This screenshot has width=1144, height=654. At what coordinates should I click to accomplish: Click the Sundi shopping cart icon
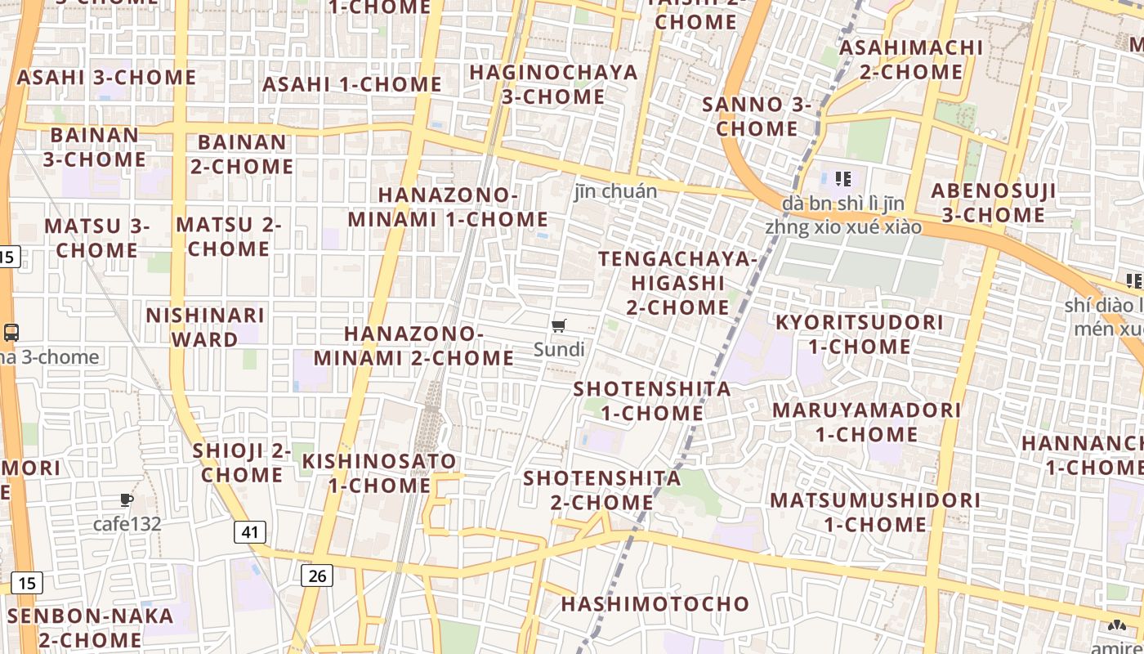(559, 327)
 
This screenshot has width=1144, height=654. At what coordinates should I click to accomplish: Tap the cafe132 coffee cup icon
(126, 499)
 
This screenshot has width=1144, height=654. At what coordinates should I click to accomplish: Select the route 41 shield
(249, 532)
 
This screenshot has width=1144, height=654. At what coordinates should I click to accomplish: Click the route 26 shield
(317, 576)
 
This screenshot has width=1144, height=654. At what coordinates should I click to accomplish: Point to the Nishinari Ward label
(205, 326)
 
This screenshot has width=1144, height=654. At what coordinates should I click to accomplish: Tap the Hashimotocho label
(655, 604)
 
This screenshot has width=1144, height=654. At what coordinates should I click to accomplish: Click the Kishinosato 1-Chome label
(379, 473)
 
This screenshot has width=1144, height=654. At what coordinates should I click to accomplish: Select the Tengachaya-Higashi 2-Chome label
(677, 283)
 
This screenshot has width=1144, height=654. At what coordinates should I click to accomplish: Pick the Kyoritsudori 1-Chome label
(860, 334)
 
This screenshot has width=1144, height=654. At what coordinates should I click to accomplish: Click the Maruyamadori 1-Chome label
(867, 422)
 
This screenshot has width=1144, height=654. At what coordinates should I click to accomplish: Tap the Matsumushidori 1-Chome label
(875, 512)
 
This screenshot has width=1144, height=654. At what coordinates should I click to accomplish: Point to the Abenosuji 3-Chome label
(994, 203)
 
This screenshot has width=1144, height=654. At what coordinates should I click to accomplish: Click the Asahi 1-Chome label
(352, 84)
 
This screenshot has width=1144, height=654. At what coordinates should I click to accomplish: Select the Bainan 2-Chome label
(242, 155)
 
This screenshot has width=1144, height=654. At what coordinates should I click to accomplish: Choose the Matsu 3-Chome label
(97, 238)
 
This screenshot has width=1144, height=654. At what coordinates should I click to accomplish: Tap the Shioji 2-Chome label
(242, 463)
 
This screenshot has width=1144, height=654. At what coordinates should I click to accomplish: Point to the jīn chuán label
(615, 191)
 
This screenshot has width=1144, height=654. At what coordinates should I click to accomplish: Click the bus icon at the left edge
(11, 333)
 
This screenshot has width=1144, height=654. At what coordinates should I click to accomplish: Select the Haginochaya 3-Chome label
(553, 84)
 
